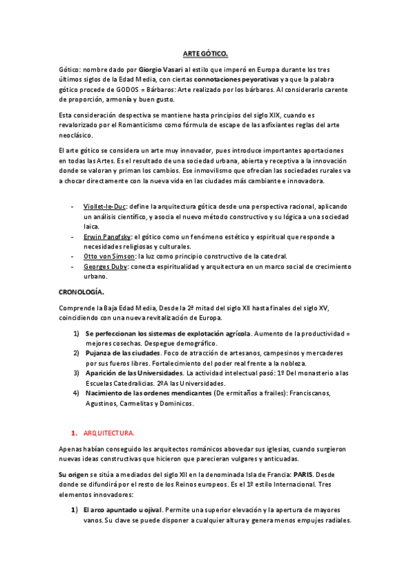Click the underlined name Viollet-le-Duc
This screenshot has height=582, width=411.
[104, 207]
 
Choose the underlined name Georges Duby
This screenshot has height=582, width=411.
[105, 267]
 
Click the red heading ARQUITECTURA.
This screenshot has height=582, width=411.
[109, 434]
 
